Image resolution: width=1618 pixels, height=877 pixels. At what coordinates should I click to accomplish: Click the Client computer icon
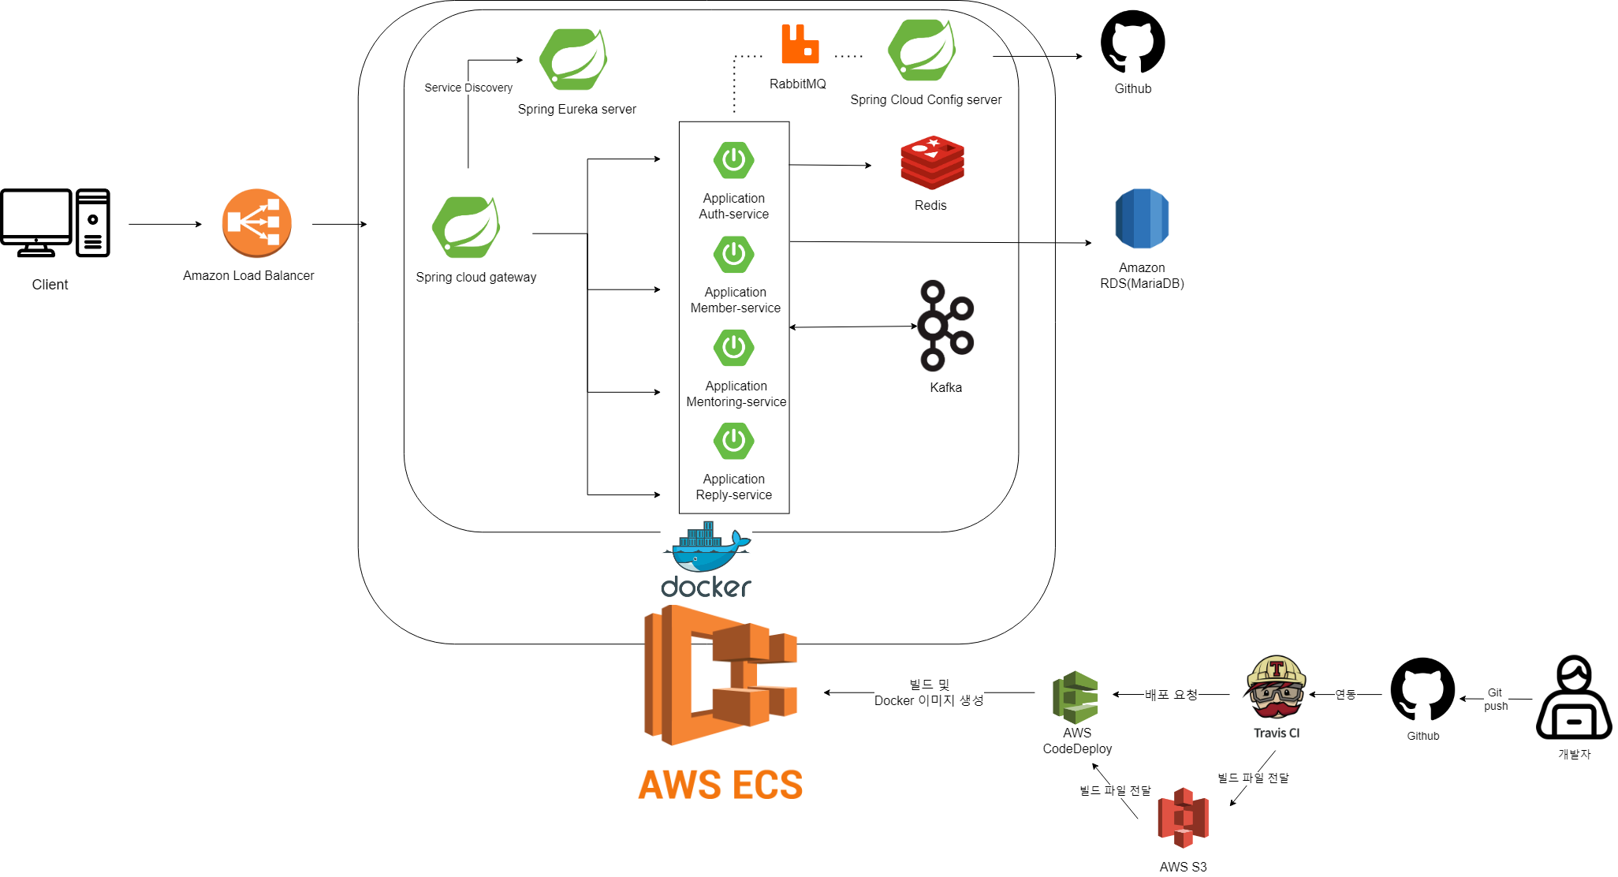[x=54, y=222]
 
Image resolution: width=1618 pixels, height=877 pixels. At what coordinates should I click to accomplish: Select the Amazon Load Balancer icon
[x=256, y=223]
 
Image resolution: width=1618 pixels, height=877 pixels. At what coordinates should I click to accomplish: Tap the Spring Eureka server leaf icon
[x=573, y=60]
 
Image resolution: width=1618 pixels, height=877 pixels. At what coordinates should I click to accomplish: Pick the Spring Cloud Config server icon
[x=921, y=50]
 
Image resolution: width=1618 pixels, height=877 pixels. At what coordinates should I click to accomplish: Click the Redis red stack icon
[x=932, y=163]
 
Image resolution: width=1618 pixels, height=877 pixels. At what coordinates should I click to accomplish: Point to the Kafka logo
[x=945, y=326]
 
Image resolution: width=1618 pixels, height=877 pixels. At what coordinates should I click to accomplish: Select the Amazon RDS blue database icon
[x=1142, y=218]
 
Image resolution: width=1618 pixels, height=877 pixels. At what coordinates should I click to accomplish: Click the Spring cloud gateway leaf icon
[x=466, y=227]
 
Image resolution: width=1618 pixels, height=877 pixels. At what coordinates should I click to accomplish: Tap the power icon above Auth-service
[x=733, y=160]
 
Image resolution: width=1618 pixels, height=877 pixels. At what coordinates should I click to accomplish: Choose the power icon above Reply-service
[x=733, y=441]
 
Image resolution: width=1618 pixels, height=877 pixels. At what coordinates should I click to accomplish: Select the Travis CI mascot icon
[x=1276, y=688]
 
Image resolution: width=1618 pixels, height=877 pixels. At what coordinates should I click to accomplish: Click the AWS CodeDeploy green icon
[x=1076, y=697]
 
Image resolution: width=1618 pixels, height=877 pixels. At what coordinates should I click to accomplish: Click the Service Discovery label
[x=468, y=88]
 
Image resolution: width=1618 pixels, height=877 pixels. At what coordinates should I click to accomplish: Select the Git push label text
[x=1495, y=699]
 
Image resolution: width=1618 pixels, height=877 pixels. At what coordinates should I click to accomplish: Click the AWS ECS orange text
[x=720, y=785]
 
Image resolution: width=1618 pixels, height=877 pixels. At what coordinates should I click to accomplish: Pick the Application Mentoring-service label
[x=736, y=394]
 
